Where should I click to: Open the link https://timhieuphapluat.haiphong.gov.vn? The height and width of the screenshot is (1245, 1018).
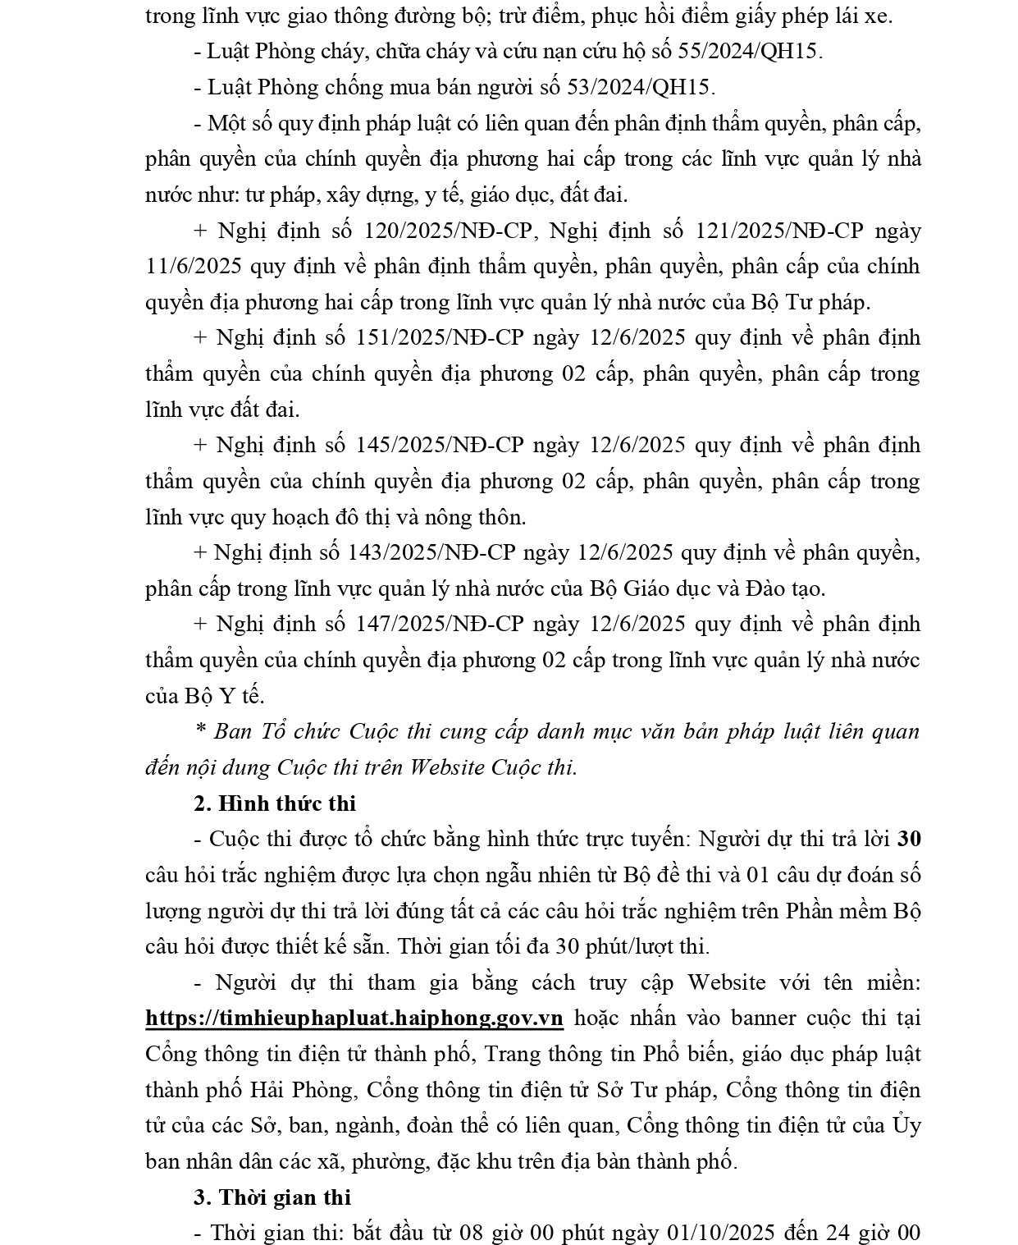354,1018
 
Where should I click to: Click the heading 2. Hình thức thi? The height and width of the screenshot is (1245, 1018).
275,803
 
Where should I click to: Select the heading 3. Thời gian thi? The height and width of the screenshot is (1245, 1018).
272,1197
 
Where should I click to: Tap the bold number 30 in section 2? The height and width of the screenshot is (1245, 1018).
909,840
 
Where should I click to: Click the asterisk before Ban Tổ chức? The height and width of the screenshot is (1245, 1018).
200,732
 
